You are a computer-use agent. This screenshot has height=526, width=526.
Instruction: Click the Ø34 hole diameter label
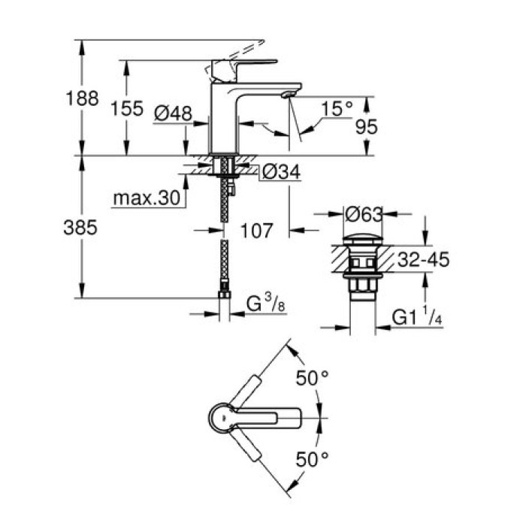tap(280, 174)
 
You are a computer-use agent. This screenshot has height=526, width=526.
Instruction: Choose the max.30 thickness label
tap(147, 198)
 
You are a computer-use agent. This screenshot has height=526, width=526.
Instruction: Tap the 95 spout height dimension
tap(365, 127)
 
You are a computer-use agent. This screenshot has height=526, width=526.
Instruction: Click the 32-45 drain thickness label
tap(422, 261)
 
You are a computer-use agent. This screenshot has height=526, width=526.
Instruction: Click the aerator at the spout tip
tap(284, 95)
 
